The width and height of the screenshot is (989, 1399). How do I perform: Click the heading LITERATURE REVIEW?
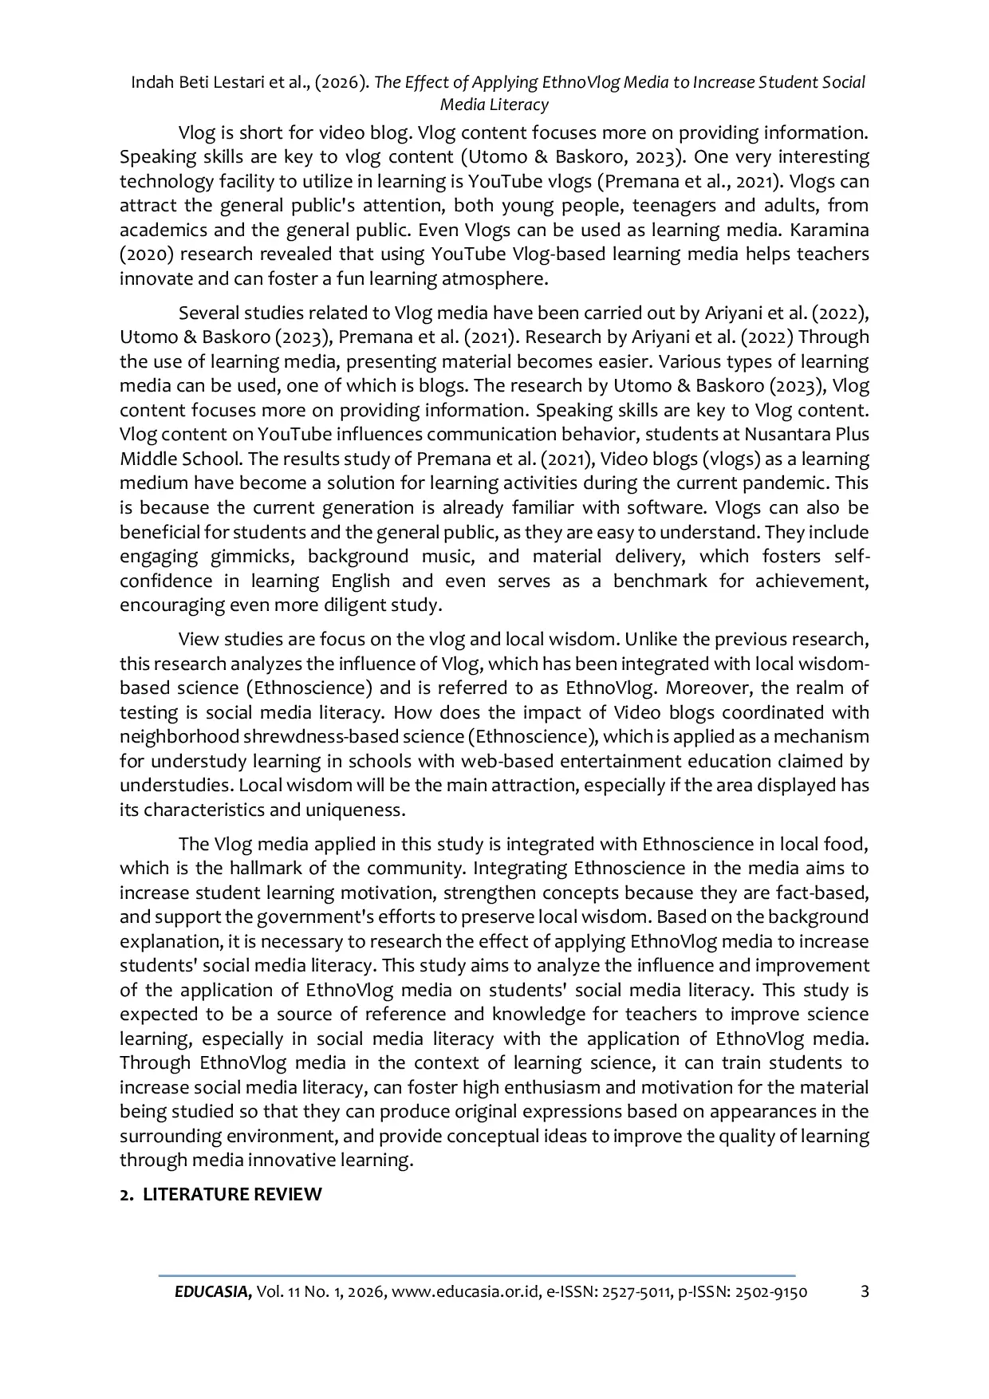point(232,1195)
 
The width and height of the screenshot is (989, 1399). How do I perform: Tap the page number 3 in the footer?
point(865,1291)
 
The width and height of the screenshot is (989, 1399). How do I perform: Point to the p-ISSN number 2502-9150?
point(765,1292)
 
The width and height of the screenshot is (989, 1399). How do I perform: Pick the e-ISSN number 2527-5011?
point(629,1292)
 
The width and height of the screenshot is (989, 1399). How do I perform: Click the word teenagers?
point(670,206)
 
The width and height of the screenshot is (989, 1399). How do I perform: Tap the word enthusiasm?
point(577,1088)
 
